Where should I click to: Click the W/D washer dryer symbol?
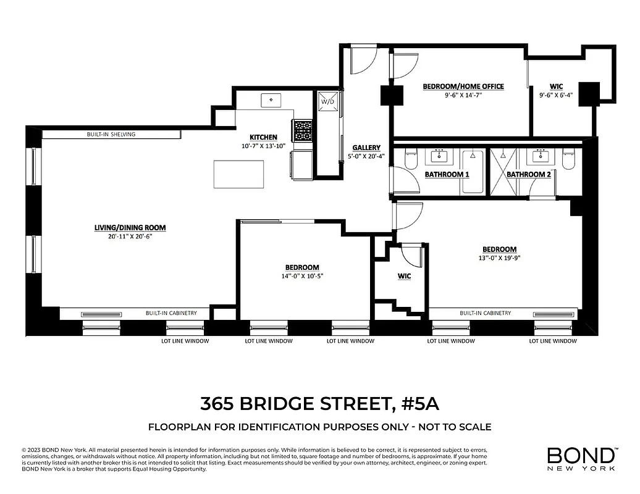click(x=326, y=102)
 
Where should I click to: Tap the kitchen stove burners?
click(x=303, y=130)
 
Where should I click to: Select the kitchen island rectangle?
click(x=238, y=174)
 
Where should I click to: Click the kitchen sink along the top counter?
click(x=271, y=100)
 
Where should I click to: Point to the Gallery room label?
click(x=366, y=148)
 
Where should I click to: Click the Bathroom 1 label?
click(x=447, y=175)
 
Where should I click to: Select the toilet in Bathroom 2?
click(x=569, y=159)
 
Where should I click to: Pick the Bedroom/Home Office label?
click(x=463, y=86)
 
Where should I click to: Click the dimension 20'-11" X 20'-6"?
click(x=130, y=237)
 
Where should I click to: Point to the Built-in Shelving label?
click(x=111, y=134)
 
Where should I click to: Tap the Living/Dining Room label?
click(x=130, y=227)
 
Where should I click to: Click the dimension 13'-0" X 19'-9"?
click(x=499, y=258)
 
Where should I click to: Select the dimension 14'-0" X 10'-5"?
click(x=302, y=276)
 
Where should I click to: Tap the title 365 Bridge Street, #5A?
click(x=319, y=404)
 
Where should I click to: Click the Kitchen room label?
click(x=263, y=137)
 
